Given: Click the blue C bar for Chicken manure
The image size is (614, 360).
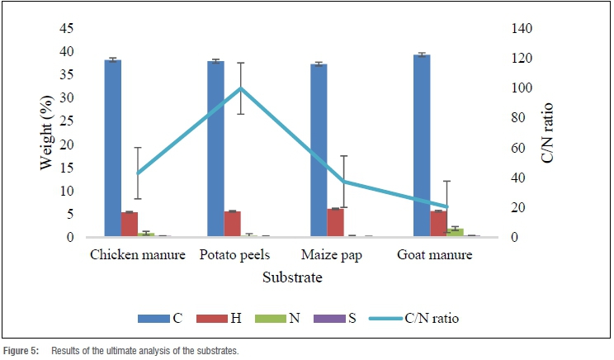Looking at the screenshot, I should pos(113,149).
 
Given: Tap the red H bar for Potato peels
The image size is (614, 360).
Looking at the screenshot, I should pos(232,224).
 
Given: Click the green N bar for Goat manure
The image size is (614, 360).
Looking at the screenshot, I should pos(455,232).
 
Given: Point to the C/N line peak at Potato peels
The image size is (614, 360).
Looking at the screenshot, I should pos(240,88).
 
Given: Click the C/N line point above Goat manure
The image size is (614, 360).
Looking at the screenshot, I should pos(446,206).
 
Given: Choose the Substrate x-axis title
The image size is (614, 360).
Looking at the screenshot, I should pos(292,277).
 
